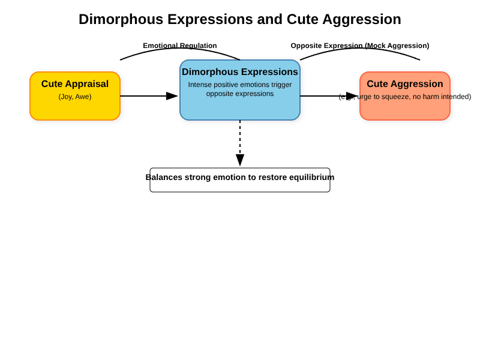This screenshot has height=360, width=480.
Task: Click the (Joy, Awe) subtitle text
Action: click(75, 97)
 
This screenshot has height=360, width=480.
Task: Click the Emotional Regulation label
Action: click(180, 46)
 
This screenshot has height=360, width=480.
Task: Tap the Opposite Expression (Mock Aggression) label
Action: click(360, 46)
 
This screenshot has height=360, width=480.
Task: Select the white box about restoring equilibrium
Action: click(240, 187)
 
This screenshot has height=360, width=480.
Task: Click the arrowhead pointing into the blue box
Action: click(173, 96)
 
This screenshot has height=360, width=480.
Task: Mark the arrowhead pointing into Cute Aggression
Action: click(352, 96)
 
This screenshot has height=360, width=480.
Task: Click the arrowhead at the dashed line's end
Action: click(240, 161)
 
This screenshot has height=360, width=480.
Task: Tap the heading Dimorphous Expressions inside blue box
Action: click(240, 72)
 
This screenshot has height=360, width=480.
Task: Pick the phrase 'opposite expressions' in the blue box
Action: click(240, 94)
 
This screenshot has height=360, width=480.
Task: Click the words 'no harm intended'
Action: click(441, 97)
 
